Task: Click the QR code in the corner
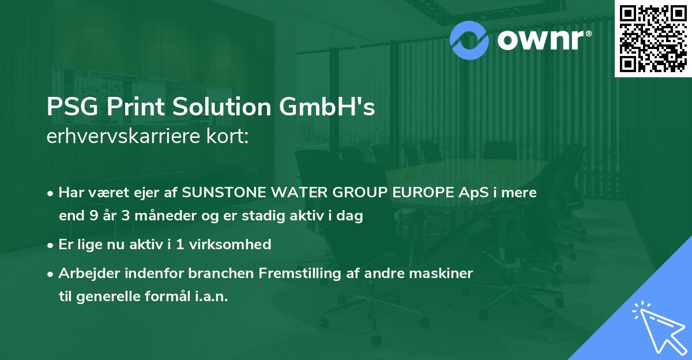click(652, 39)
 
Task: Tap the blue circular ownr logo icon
click(469, 39)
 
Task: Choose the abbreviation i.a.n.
click(209, 297)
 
